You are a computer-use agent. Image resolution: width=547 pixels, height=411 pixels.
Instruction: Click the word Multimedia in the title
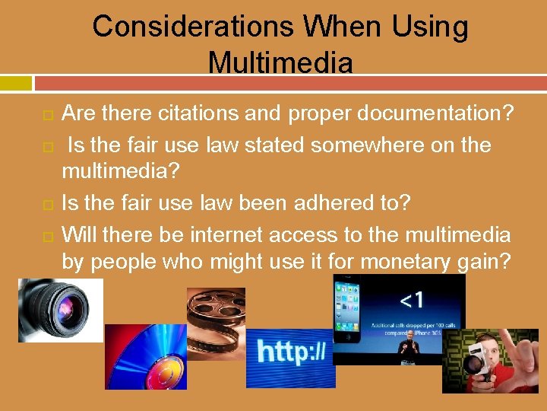point(280,62)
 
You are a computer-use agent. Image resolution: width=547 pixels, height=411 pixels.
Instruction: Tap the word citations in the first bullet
point(220,114)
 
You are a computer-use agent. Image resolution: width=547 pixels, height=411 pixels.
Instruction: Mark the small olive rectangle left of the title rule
point(16,82)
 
